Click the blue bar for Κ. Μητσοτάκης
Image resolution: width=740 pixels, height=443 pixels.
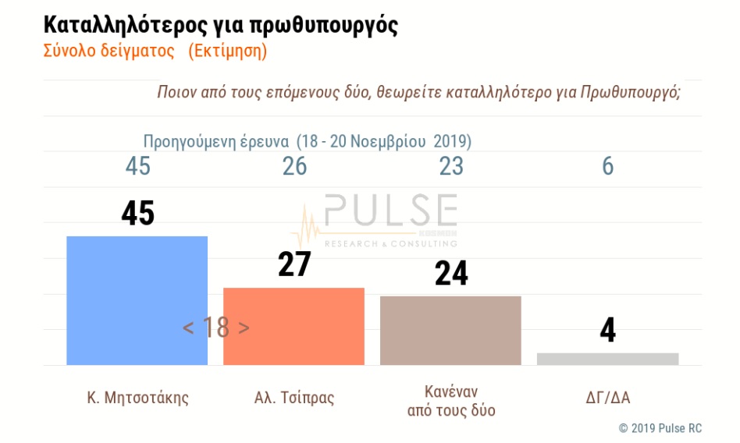(137, 300)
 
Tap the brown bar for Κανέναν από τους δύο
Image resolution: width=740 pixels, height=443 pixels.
(450, 330)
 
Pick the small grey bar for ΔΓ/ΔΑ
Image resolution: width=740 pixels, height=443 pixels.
(607, 359)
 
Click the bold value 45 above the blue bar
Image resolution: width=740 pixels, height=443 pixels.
(137, 214)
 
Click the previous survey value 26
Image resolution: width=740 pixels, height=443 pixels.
(294, 166)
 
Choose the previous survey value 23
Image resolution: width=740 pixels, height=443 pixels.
(451, 166)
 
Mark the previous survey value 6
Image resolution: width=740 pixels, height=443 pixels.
(608, 166)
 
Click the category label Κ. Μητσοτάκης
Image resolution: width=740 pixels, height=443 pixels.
(137, 398)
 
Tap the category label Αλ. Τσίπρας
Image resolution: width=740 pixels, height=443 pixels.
(294, 398)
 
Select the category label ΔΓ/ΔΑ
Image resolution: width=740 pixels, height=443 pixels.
(607, 398)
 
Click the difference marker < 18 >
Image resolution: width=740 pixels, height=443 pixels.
(216, 328)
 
